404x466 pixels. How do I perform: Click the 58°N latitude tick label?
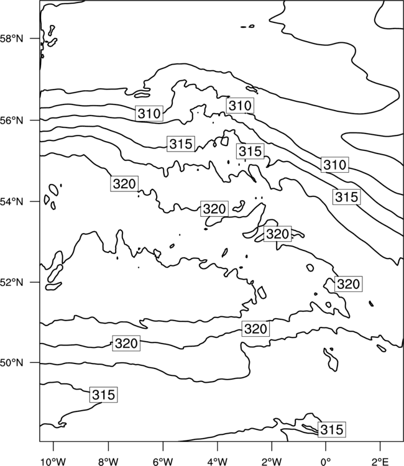coord(11,39)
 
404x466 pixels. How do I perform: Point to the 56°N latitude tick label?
coord(11,121)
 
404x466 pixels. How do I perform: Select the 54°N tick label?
coord(11,202)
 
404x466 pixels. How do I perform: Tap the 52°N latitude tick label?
coord(11,282)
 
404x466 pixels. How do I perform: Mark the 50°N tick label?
coord(11,363)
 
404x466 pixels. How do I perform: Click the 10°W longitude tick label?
coord(53,462)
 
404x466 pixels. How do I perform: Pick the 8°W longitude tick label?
coord(108,462)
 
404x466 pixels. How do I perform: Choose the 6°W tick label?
coord(163,462)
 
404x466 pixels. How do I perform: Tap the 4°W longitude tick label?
coord(218,462)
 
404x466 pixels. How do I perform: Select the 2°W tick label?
coord(272,462)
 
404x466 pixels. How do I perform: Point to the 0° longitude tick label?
coord(326,462)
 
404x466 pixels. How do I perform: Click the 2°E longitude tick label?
coord(380,462)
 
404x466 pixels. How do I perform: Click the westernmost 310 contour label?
coord(149,113)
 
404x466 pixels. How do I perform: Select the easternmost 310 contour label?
coord(335,165)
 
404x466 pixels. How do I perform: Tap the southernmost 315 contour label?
coord(332,429)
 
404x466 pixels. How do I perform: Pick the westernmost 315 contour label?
coord(103,395)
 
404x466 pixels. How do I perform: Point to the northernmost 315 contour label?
coord(181,144)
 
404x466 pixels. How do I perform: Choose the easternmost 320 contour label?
coord(349,284)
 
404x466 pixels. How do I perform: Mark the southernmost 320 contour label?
coord(126,343)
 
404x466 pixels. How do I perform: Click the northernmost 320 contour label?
coord(124,184)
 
